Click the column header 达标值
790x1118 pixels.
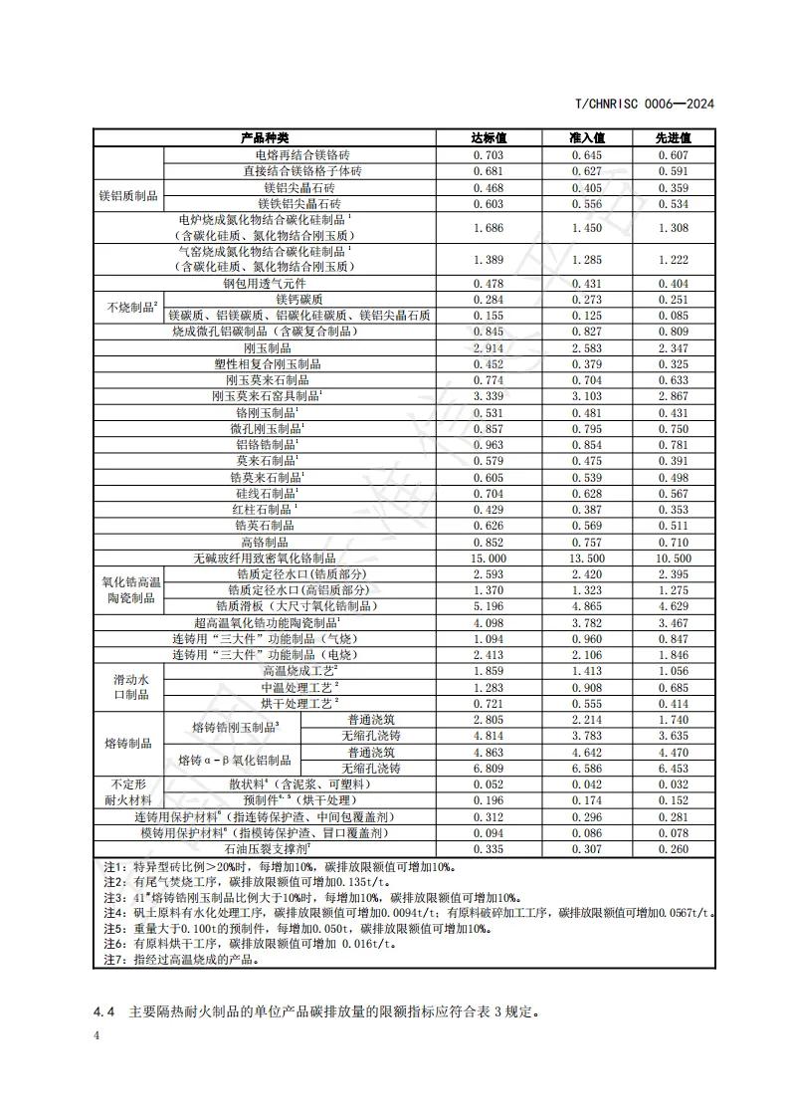click(490, 137)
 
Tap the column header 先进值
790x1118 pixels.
click(673, 137)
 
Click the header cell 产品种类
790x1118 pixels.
click(265, 137)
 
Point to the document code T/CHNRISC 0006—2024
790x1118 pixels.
click(646, 104)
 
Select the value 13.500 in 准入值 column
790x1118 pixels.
click(587, 559)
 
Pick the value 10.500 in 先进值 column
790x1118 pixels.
click(674, 559)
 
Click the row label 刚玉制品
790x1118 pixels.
click(267, 347)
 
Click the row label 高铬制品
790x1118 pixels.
click(267, 542)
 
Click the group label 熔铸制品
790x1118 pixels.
click(127, 744)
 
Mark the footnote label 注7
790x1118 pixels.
click(111, 960)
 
